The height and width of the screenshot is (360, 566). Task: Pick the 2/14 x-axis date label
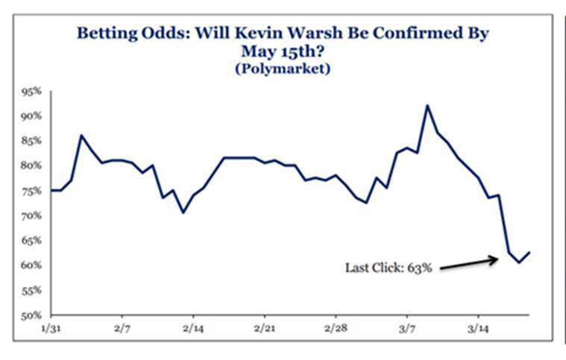point(192,328)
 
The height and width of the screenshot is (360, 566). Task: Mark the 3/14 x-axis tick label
point(477,328)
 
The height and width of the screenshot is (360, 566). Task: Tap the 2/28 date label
point(336,328)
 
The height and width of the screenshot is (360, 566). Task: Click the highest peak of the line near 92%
point(427,105)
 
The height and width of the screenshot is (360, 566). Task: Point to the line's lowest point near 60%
point(519,262)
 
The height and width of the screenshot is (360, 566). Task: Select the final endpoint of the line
point(529,252)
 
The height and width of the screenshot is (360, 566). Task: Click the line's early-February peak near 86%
point(81,136)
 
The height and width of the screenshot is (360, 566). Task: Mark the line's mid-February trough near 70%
point(183,212)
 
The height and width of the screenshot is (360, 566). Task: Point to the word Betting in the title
point(100,34)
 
